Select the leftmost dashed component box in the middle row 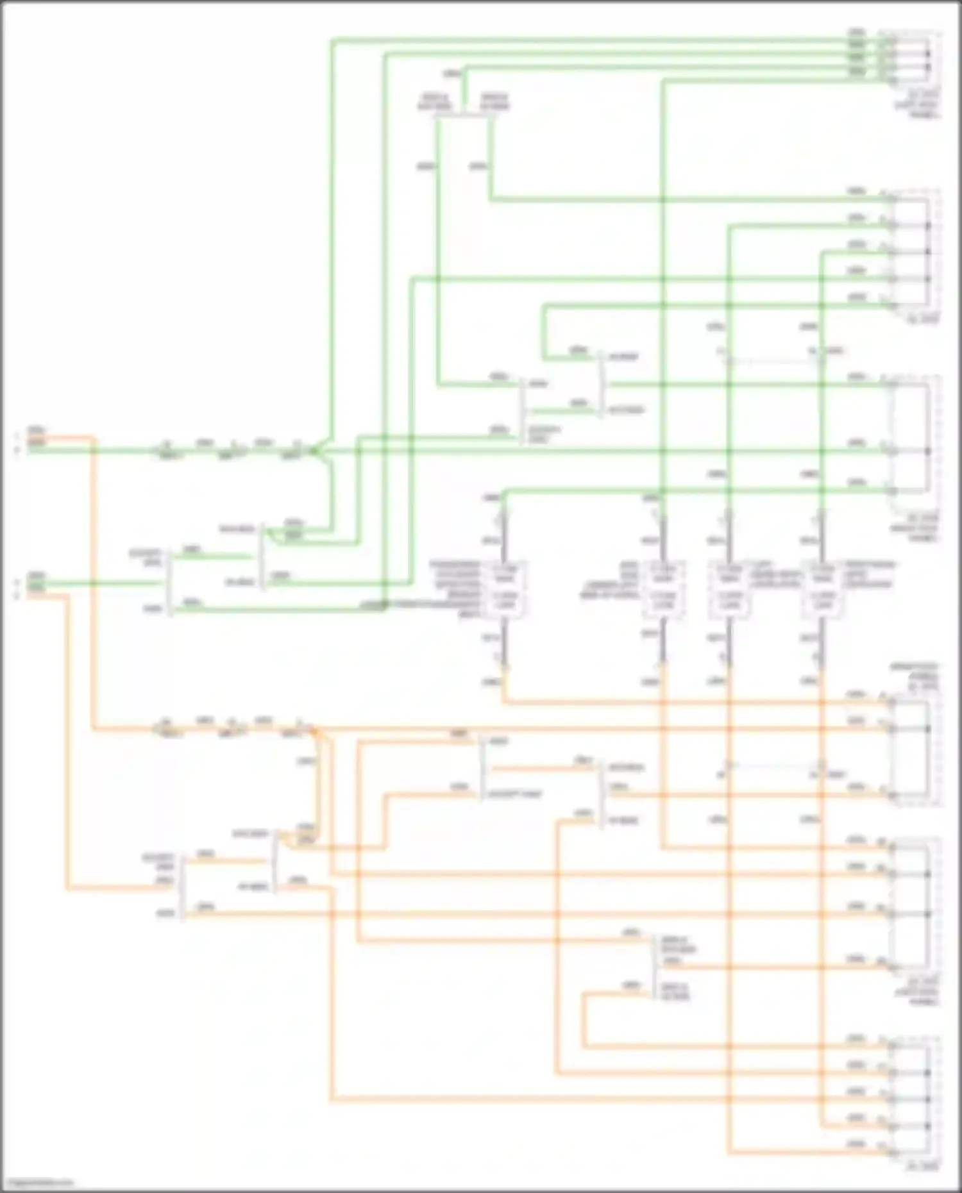(x=505, y=590)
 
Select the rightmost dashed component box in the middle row (x=822, y=590)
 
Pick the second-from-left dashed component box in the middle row (x=663, y=590)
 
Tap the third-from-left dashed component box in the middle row (x=728, y=590)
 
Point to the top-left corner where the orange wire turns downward (x=93, y=439)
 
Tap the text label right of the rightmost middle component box (x=869, y=575)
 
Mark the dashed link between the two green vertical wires (x=775, y=360)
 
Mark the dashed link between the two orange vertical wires (x=775, y=765)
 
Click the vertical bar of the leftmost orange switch (x=183, y=888)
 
